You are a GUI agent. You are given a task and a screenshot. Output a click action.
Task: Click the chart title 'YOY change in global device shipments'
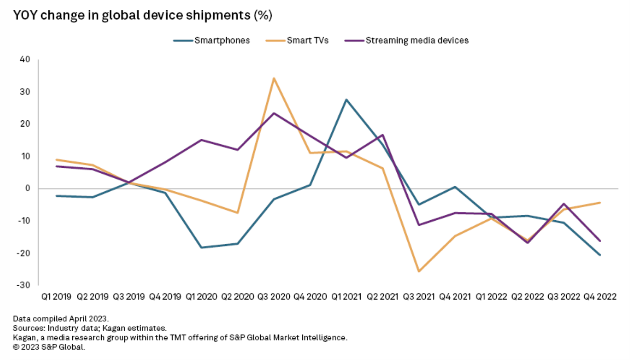[142, 16]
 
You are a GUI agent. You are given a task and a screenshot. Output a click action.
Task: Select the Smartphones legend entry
[222, 40]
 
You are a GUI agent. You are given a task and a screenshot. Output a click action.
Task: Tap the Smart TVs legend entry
[307, 40]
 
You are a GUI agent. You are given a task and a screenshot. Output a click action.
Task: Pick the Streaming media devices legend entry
[417, 40]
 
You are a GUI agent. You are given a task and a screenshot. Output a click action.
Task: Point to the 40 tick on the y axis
[24, 60]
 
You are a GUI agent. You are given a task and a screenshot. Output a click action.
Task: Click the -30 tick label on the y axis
[24, 285]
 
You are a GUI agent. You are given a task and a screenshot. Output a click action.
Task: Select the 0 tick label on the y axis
[27, 189]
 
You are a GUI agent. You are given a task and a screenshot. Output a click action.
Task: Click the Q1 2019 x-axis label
[56, 297]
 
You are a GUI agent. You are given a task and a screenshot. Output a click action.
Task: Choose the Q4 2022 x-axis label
[600, 297]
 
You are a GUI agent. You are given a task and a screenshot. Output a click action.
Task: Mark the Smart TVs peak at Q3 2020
[274, 78]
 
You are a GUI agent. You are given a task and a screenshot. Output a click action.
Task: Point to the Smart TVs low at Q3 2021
[419, 271]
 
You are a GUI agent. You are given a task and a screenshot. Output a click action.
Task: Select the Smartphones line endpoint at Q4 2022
[600, 255]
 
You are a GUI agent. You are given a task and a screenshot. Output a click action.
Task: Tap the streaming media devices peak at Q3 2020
[274, 113]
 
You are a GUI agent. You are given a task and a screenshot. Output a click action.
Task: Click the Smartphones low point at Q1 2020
[202, 247]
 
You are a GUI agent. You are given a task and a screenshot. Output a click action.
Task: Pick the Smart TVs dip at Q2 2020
[238, 213]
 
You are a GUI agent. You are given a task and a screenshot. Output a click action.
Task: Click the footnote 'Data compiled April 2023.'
[61, 319]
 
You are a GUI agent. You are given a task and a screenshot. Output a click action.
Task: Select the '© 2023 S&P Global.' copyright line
[49, 347]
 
